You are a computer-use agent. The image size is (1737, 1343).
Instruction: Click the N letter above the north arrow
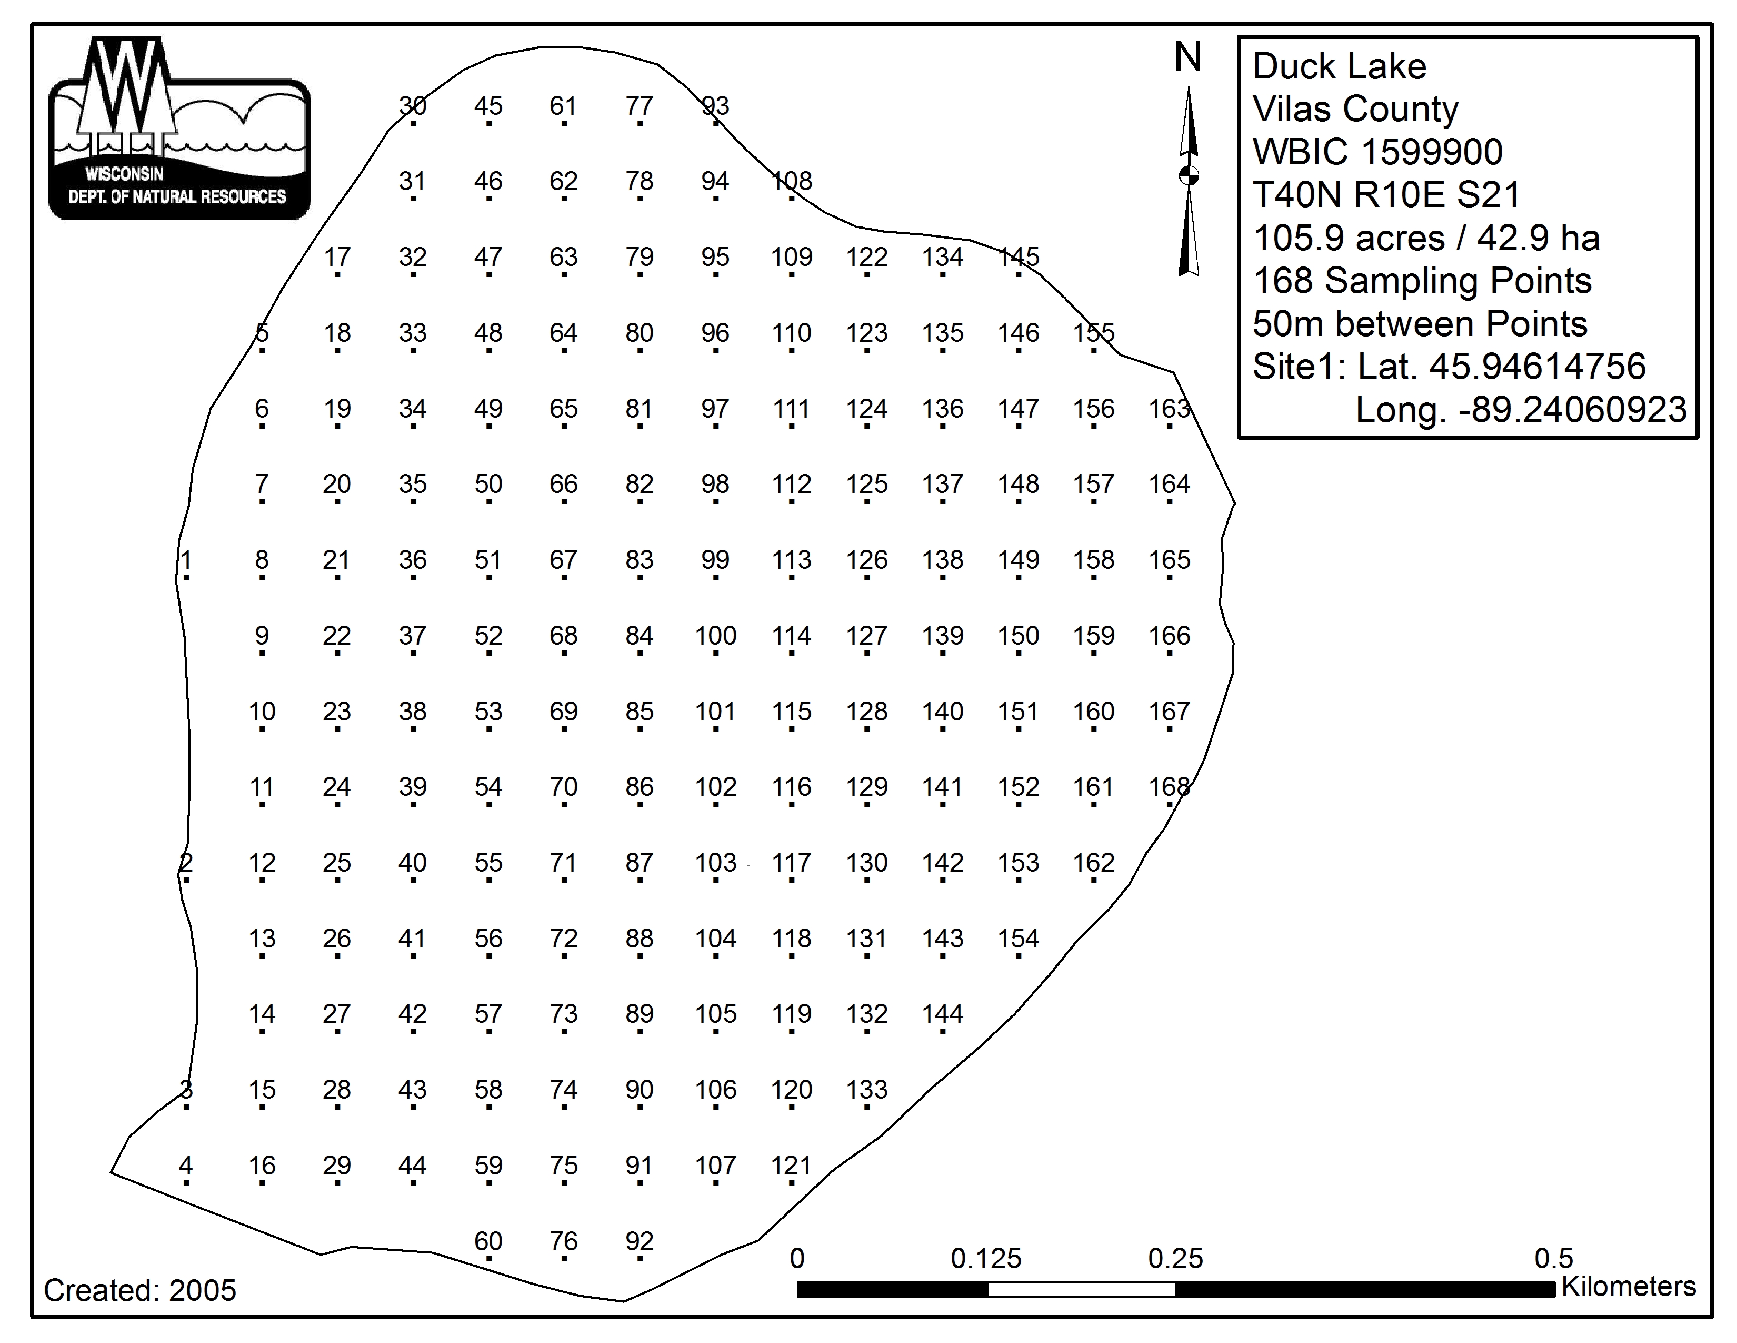click(x=1188, y=57)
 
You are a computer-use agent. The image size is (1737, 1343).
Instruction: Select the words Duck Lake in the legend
click(x=1340, y=66)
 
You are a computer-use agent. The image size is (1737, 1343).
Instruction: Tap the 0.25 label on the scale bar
click(x=1175, y=1259)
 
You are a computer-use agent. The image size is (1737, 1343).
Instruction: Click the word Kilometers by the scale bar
click(x=1628, y=1287)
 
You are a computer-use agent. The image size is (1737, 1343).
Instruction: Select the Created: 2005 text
click(x=140, y=1290)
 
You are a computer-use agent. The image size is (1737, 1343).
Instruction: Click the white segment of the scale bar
click(x=1082, y=1289)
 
